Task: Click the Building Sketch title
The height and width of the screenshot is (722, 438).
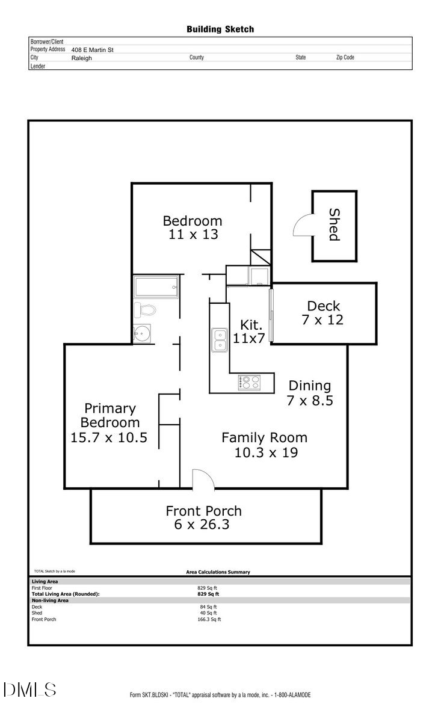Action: coord(220,29)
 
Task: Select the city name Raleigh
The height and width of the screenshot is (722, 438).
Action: coord(82,58)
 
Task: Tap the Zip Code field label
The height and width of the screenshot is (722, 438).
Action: coord(345,58)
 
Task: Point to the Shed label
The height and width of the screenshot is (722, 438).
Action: coord(334,224)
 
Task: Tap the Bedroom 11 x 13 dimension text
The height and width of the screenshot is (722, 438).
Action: coord(193,235)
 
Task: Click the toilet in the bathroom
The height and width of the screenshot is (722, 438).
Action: coord(145,310)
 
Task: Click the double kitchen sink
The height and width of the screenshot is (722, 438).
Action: coord(218,339)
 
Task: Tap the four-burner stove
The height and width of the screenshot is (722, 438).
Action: coord(248,382)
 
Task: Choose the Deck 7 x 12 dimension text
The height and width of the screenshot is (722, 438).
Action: coord(322,319)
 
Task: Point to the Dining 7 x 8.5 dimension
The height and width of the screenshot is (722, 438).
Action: coord(310,400)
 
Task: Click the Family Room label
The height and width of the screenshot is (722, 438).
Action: coord(264,437)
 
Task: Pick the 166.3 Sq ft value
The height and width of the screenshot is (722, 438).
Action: coord(209,619)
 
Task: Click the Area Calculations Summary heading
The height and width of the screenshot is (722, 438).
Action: coord(218,572)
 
